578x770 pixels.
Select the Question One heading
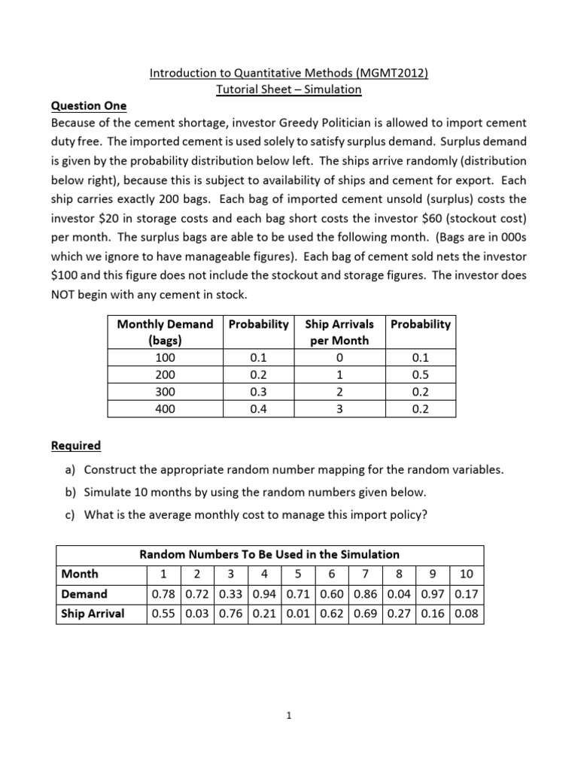click(89, 106)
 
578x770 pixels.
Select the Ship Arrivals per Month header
click(339, 332)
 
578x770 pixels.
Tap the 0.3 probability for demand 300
click(258, 391)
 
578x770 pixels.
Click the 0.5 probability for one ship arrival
click(420, 374)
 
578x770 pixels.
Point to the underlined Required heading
click(76, 445)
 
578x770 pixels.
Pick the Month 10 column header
click(466, 574)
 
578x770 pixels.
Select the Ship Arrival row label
click(93, 614)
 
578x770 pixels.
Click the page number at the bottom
click(289, 717)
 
